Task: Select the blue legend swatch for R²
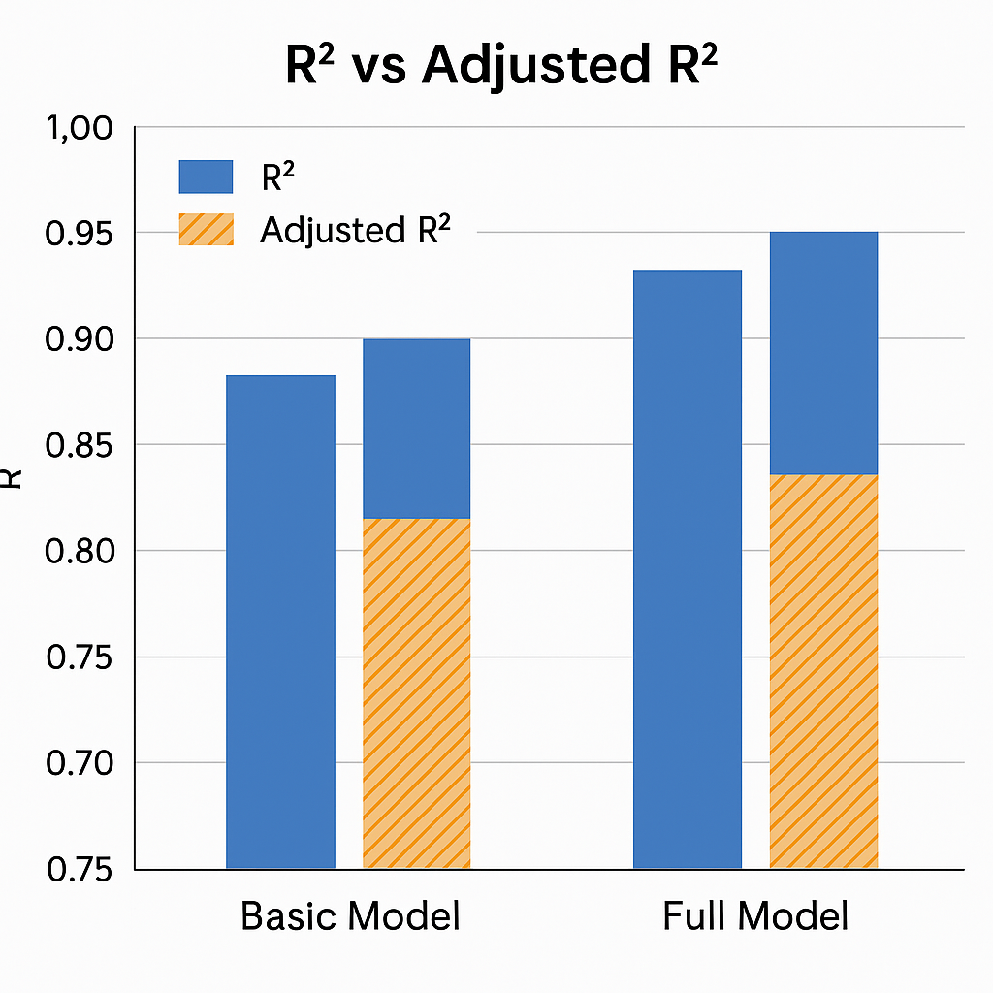click(x=206, y=176)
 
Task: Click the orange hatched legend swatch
click(x=206, y=229)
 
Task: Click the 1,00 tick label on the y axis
click(x=80, y=128)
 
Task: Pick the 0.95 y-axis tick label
click(x=80, y=234)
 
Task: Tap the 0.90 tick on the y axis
click(x=80, y=339)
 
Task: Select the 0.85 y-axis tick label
click(x=80, y=446)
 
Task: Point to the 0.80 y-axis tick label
click(x=80, y=552)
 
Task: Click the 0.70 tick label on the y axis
click(x=80, y=763)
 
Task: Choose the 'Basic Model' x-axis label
click(x=350, y=916)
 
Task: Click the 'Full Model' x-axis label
click(x=755, y=916)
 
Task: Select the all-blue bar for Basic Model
click(x=280, y=621)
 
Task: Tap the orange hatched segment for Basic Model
click(x=416, y=693)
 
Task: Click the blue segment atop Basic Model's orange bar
click(x=416, y=429)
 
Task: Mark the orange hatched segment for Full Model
click(x=823, y=671)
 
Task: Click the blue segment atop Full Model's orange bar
click(x=823, y=353)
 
